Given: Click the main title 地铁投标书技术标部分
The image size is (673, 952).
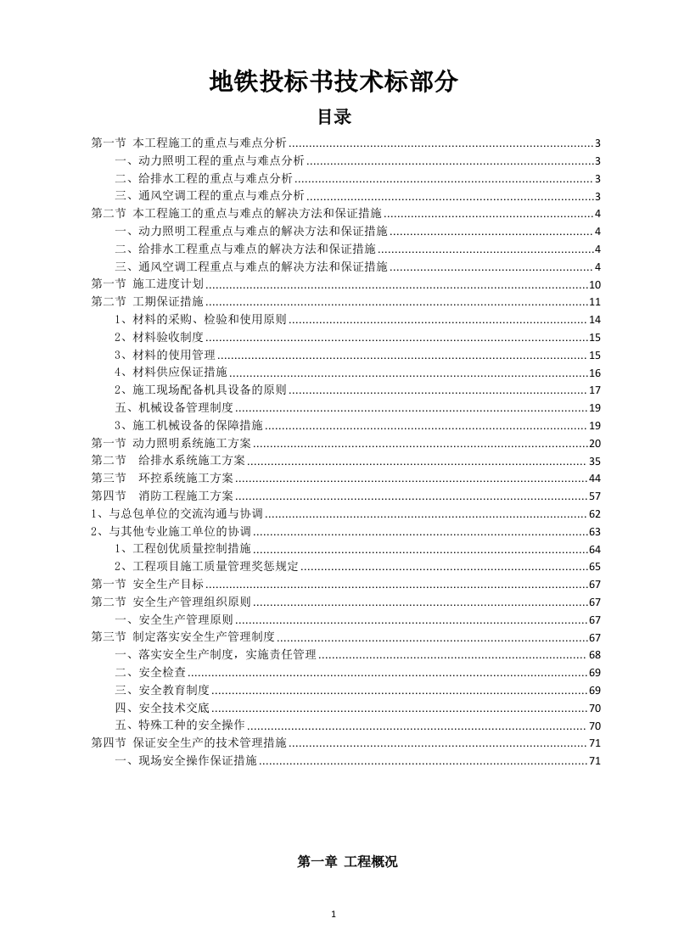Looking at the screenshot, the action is (x=335, y=81).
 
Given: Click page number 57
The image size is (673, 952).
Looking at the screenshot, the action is (x=594, y=496).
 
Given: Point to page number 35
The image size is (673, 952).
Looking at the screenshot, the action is (x=594, y=461).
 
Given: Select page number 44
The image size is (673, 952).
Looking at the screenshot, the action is (x=594, y=478).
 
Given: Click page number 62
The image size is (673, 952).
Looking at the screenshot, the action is (x=594, y=513).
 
